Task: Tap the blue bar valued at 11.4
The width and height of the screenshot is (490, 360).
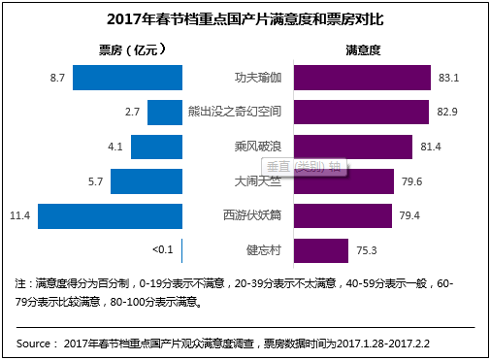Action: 105,214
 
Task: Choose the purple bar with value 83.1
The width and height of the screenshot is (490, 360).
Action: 361,77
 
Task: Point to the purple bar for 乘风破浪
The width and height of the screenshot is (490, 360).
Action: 353,146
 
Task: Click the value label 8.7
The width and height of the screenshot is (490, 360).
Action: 55,77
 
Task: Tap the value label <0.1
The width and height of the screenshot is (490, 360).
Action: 162,249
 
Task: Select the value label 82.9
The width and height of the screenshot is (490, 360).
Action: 447,112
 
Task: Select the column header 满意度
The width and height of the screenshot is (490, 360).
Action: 361,49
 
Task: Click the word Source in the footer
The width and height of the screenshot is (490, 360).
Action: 36,344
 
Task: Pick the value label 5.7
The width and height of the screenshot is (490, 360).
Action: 94,180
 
